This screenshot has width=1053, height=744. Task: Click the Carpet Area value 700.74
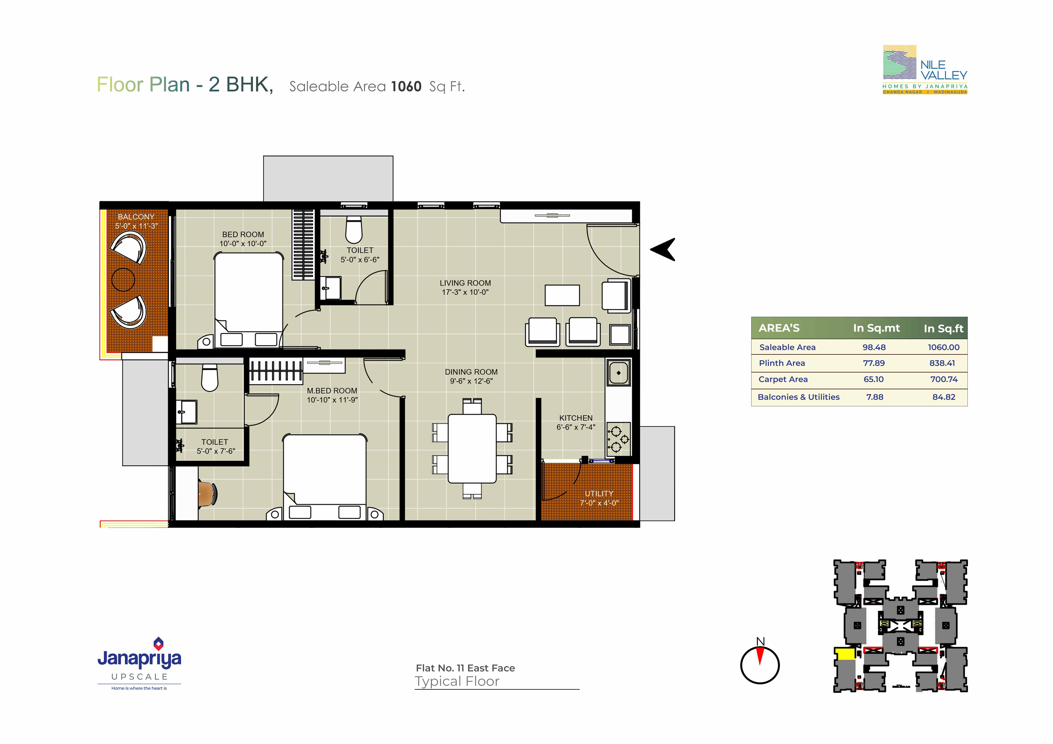944,379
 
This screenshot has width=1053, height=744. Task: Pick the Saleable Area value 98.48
874,347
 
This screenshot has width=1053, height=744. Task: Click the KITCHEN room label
576,418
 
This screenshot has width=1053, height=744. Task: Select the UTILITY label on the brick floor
599,494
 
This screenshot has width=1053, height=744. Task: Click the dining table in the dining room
472,449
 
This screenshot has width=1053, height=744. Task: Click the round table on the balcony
123,279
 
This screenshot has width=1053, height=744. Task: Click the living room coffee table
562,295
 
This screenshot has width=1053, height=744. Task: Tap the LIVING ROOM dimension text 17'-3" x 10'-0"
465,292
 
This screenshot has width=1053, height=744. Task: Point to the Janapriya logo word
139,659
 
